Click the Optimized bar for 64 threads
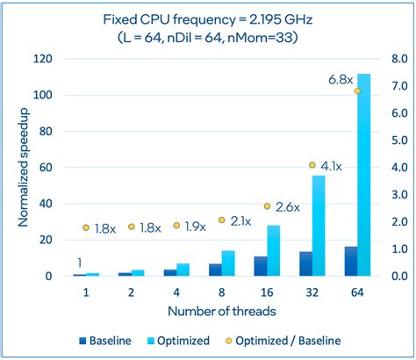pos(364,176)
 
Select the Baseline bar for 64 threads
pos(350,262)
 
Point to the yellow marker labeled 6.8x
pos(357,90)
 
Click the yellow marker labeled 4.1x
pos(312,165)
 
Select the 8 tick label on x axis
pos(221,291)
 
